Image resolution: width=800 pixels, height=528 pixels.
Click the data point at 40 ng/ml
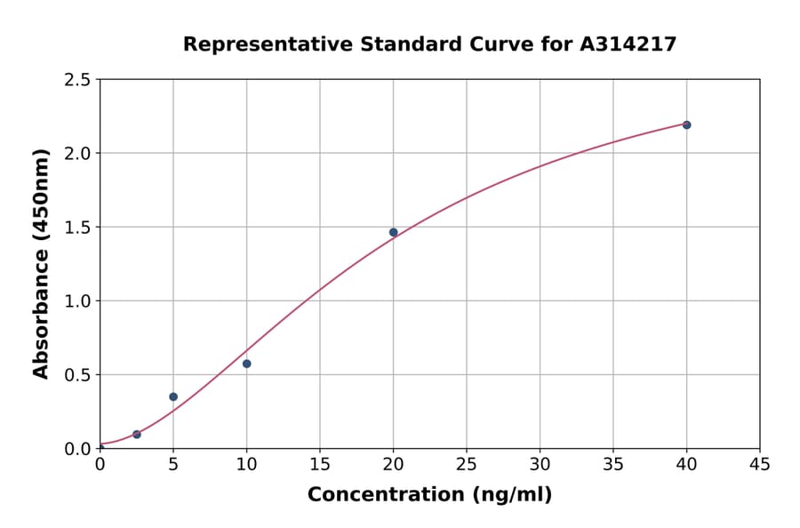pos(686,124)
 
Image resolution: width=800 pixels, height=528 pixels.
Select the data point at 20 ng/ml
pos(393,232)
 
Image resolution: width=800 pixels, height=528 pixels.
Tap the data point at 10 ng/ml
pos(246,364)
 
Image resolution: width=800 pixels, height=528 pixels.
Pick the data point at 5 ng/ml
pos(173,396)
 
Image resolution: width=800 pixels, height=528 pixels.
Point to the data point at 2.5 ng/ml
pos(136,435)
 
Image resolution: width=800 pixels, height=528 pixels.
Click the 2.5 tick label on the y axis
pos(78,80)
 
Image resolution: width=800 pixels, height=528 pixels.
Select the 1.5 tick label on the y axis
pos(78,228)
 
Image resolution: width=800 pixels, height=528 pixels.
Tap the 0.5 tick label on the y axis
pos(78,375)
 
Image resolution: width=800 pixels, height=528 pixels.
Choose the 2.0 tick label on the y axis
pos(78,154)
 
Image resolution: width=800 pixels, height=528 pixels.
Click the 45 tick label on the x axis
pos(760,464)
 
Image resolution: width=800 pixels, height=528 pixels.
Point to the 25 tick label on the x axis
pos(467,464)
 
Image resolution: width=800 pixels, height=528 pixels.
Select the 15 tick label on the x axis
pos(320,464)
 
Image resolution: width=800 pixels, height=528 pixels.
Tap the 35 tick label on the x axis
pos(613,464)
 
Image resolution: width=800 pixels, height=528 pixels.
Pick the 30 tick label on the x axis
pos(540,464)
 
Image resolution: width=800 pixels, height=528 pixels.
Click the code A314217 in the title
pos(628,44)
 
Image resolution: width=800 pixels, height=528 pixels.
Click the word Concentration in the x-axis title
pos(385,495)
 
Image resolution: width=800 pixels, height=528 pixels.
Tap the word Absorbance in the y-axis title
pos(41,314)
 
